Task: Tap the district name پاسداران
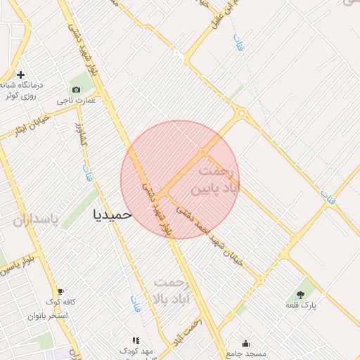[33, 220]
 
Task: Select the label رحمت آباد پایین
[219, 181]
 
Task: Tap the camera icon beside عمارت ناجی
[76, 89]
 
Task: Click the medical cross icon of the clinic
[20, 75]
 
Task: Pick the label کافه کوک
[60, 303]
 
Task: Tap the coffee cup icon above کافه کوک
[60, 292]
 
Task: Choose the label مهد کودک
[136, 349]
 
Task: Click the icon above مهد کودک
[136, 340]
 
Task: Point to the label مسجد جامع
[245, 352]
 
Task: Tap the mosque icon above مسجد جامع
[245, 343]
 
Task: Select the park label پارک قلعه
[302, 305]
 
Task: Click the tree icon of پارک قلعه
[301, 295]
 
